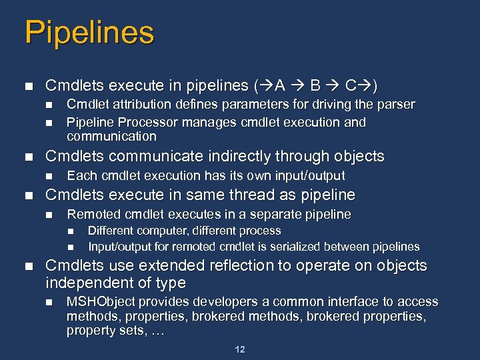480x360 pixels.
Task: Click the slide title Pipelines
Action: (89, 33)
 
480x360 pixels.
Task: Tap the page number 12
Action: (240, 349)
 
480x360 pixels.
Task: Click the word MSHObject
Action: (100, 302)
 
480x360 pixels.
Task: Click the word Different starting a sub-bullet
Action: (111, 231)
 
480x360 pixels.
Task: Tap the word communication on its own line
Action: (111, 137)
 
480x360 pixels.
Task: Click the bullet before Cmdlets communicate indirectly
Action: (27, 157)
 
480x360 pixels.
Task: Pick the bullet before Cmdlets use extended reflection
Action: (27, 267)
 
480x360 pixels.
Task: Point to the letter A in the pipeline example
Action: (280, 86)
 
